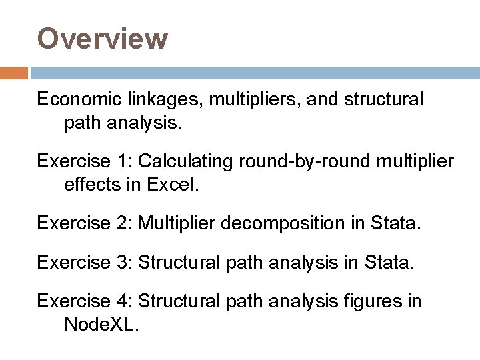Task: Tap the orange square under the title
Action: click(14, 73)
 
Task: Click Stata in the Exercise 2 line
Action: click(397, 223)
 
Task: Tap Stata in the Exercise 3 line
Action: click(389, 263)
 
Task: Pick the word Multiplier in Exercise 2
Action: click(181, 223)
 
